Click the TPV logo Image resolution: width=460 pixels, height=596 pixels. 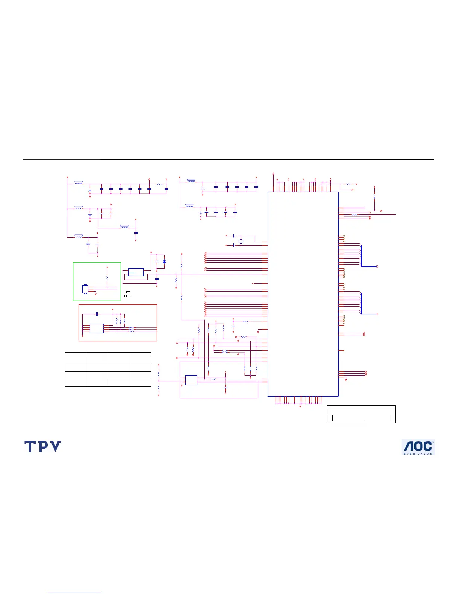[x=42, y=447]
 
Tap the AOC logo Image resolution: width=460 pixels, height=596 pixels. [x=418, y=447]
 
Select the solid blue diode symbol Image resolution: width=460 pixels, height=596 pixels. [x=164, y=261]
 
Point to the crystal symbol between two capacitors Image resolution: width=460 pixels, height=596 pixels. [x=241, y=241]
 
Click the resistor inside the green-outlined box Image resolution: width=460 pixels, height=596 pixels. [x=107, y=279]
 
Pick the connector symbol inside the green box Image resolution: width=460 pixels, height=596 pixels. [x=85, y=289]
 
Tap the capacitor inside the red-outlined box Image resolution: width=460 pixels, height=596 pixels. [x=97, y=313]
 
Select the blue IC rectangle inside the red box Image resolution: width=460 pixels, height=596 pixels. [x=97, y=328]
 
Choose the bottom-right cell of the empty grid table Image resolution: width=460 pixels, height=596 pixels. [x=141, y=383]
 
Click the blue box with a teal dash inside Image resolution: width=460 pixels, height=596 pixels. [x=136, y=272]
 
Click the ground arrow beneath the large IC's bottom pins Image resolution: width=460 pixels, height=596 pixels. [x=300, y=407]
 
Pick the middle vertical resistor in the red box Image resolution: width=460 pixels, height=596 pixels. [x=120, y=321]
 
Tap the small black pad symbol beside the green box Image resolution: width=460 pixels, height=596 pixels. [x=128, y=292]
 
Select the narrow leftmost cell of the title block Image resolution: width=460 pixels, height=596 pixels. [x=330, y=418]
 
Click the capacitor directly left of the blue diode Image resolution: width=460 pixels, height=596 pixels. [x=157, y=261]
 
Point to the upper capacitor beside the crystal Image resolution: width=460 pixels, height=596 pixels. [x=234, y=236]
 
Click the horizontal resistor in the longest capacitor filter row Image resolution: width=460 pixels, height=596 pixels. [x=159, y=184]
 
